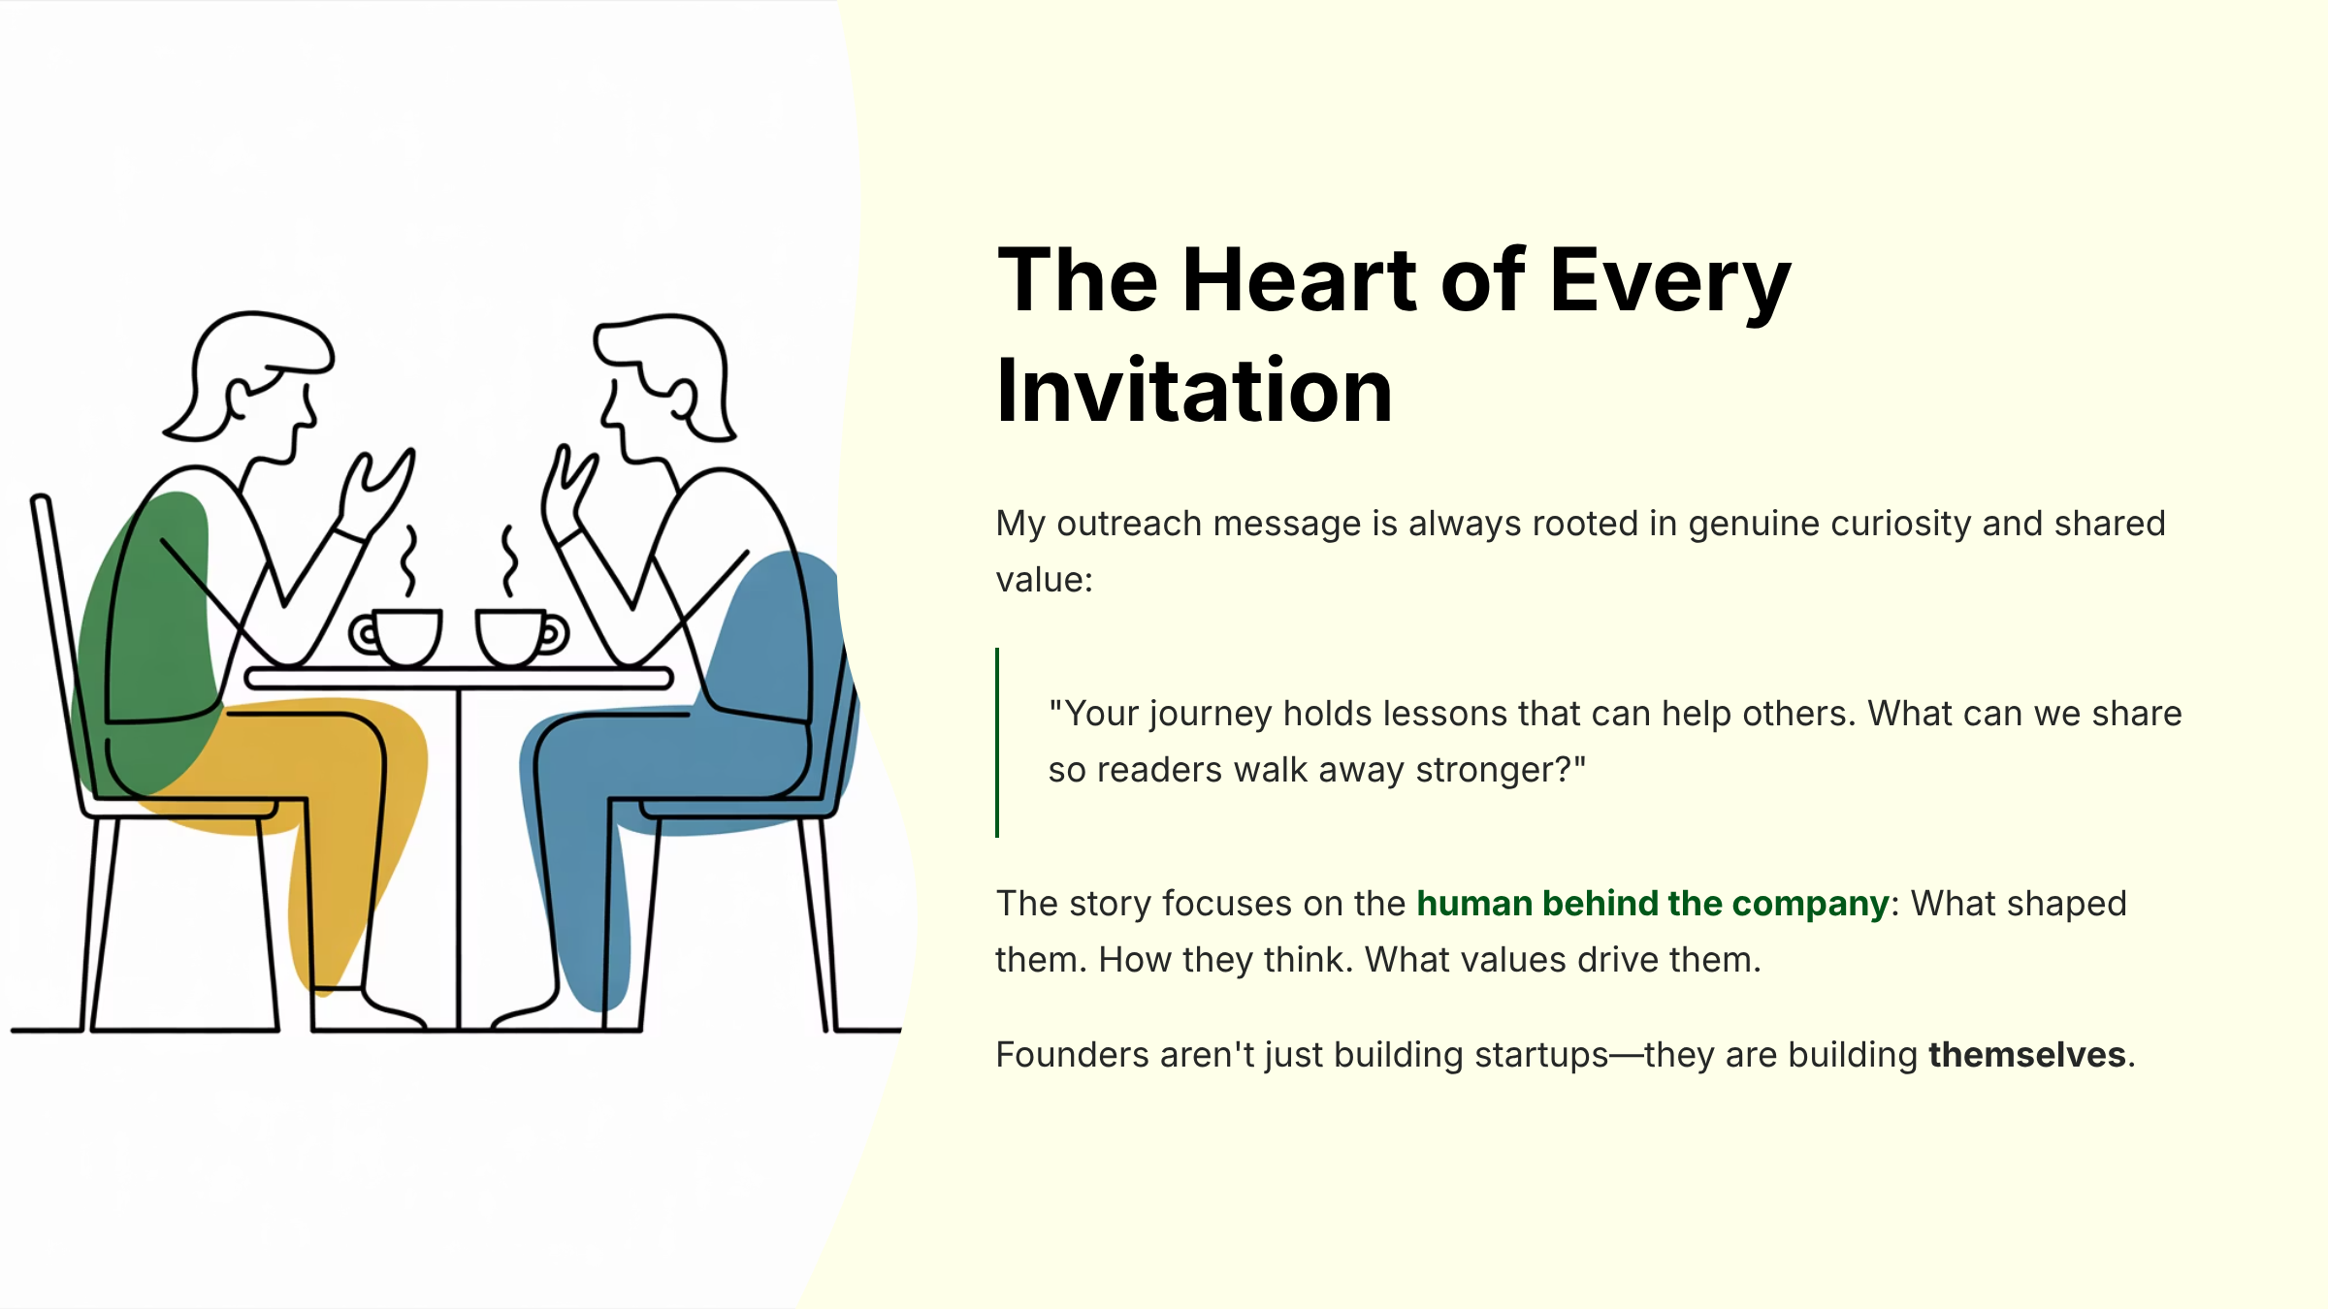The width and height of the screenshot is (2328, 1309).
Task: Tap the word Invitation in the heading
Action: point(1194,392)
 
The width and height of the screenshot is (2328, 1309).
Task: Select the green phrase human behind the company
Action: point(1652,904)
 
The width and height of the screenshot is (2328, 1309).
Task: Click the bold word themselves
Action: point(2026,1055)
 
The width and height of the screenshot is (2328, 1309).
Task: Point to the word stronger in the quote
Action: point(1484,770)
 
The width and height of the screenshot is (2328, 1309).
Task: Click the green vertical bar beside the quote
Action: point(997,742)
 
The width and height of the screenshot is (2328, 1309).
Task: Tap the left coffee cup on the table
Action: point(403,636)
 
